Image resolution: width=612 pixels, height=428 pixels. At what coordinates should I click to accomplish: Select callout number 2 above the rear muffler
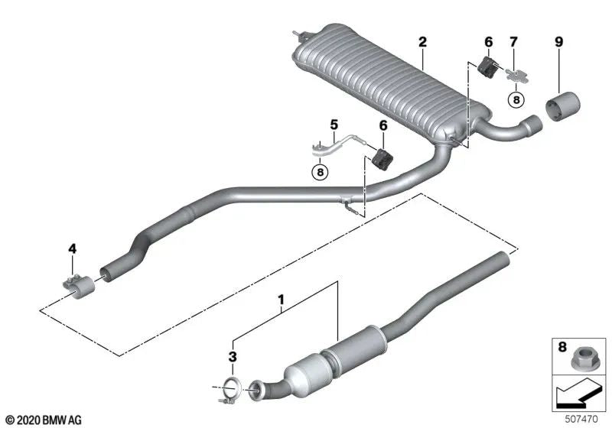[x=422, y=41]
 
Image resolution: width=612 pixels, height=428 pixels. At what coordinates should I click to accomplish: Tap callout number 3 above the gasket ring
[x=233, y=356]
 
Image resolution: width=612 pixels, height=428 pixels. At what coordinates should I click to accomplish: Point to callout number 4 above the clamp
[x=73, y=248]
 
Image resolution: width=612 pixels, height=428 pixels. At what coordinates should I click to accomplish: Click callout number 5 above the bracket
[x=334, y=124]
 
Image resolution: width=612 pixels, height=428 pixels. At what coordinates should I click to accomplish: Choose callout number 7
[x=513, y=41]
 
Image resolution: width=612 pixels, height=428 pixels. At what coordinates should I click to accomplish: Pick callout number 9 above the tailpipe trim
[x=558, y=41]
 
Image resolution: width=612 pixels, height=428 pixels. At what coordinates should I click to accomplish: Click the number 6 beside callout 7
[x=488, y=41]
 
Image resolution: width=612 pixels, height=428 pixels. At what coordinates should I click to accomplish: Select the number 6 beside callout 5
[x=382, y=124]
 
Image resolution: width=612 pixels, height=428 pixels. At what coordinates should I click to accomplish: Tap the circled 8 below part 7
[x=516, y=99]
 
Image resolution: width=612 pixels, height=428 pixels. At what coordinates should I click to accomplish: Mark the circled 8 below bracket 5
[x=320, y=172]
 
